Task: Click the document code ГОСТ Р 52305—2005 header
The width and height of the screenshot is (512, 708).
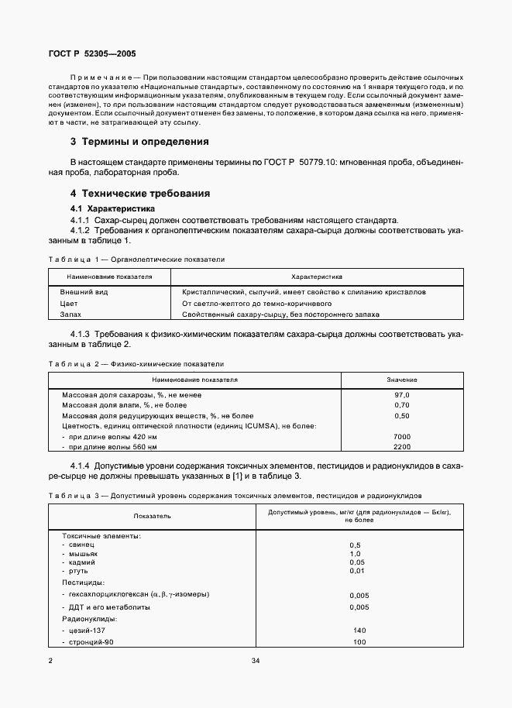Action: pyautogui.click(x=86, y=54)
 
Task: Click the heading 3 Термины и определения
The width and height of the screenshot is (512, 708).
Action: pyautogui.click(x=140, y=142)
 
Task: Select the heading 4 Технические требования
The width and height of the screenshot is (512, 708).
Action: pyautogui.click(x=140, y=194)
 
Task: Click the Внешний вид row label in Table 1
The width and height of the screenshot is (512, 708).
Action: pyautogui.click(x=84, y=292)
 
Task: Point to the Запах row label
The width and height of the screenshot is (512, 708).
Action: pyautogui.click(x=72, y=315)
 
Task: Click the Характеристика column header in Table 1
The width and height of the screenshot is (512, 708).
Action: pyautogui.click(x=317, y=276)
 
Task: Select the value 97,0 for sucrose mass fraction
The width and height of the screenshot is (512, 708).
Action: pyautogui.click(x=401, y=395)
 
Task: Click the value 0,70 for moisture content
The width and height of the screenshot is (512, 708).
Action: pyautogui.click(x=401, y=405)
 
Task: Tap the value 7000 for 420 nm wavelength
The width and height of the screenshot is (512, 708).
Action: pyautogui.click(x=401, y=437)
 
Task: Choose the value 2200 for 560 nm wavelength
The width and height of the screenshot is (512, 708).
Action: pyautogui.click(x=401, y=448)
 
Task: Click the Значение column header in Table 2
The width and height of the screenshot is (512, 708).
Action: pyautogui.click(x=402, y=380)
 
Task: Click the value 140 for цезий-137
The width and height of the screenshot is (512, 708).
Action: pyautogui.click(x=358, y=631)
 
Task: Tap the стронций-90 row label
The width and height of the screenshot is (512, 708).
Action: pyautogui.click(x=91, y=642)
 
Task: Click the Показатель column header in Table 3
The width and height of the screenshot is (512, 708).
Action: pyautogui.click(x=152, y=515)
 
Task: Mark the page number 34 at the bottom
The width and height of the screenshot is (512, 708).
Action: pyautogui.click(x=256, y=661)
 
